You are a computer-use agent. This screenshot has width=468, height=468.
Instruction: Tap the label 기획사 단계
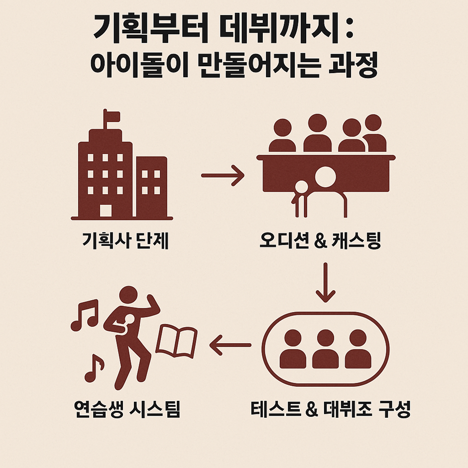tap(125, 242)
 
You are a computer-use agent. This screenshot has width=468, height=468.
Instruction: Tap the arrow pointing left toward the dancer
tap(230, 345)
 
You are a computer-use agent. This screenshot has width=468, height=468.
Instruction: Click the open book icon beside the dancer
tap(177, 342)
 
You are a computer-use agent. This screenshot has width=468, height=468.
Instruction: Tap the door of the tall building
tap(106, 211)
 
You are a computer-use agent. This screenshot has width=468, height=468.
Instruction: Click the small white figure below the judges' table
tap(301, 188)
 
